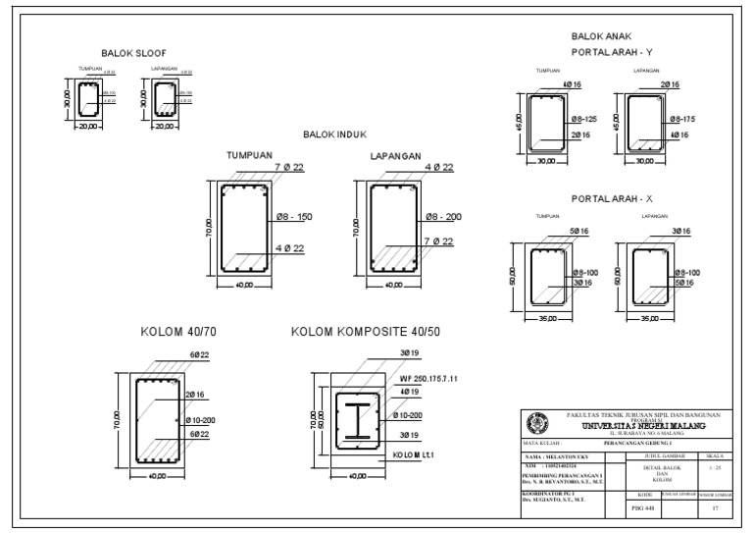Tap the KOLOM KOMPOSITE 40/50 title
pos(366,331)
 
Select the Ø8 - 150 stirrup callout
pos(290,216)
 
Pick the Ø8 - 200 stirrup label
pos(434,216)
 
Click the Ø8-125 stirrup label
pos(584,118)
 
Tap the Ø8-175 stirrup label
pos(683,118)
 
